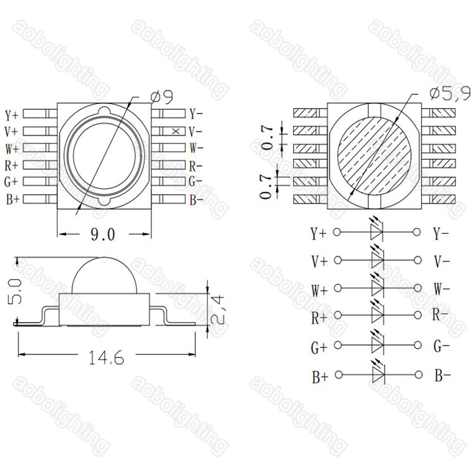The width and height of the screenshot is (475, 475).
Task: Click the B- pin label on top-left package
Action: pos(197,200)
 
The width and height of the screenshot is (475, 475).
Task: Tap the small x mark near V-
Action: pos(175,131)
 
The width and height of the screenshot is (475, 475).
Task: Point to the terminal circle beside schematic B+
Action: pos(338,375)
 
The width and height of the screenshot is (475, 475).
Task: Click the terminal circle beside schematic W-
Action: pos(419,289)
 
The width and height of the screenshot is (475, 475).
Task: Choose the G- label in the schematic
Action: pos(442,346)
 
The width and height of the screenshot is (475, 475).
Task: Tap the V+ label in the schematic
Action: pos(319,260)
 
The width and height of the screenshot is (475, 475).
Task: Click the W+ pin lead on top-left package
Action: pos(37,148)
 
